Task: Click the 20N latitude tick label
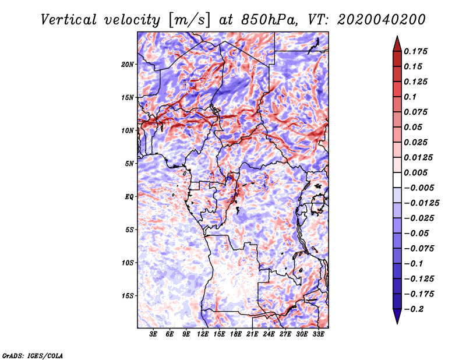[x=128, y=65]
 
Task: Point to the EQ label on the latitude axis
[x=129, y=197]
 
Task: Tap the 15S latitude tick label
[x=128, y=296]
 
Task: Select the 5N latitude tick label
[x=129, y=164]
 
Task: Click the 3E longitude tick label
[x=153, y=334]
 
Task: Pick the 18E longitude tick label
[x=236, y=334]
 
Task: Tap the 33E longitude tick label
[x=318, y=334]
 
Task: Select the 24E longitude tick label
[x=269, y=334]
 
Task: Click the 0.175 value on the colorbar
[x=415, y=51]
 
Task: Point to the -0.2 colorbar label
[x=414, y=309]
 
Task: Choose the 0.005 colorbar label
[x=415, y=172]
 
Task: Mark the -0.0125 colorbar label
[x=421, y=203]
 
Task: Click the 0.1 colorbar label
[x=410, y=97]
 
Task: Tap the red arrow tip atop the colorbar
[x=397, y=36]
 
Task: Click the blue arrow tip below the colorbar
[x=397, y=323]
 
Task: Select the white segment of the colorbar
[x=397, y=180]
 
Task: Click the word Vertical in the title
[x=69, y=20]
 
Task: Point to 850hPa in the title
[x=269, y=20]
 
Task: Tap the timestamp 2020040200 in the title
[x=382, y=20]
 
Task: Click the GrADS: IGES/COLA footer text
[x=33, y=355]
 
